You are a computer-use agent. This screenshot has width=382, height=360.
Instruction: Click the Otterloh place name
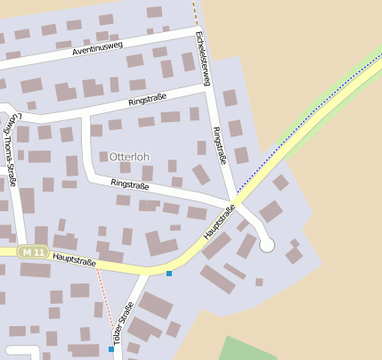(x=129, y=157)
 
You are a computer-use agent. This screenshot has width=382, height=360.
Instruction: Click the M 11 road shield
(x=34, y=253)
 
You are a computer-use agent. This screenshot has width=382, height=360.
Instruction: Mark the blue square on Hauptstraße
(x=169, y=273)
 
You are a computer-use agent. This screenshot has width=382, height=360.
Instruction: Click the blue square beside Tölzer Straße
(x=111, y=349)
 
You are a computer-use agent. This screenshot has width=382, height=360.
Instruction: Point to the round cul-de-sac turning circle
(x=266, y=245)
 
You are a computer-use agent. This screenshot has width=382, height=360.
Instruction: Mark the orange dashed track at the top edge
(x=193, y=12)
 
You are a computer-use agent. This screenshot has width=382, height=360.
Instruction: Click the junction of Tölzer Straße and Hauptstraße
(x=144, y=270)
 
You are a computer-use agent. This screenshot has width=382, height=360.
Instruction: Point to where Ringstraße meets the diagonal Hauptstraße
(x=235, y=202)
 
